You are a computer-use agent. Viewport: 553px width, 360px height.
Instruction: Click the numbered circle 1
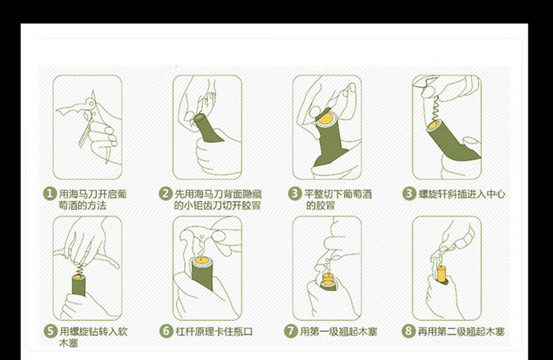click(x=50, y=194)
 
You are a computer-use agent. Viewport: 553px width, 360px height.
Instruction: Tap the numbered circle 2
click(x=165, y=194)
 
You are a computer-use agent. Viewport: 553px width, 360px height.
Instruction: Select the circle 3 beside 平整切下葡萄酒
click(x=295, y=194)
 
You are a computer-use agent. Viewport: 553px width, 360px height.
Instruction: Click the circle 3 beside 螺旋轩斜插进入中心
click(x=409, y=194)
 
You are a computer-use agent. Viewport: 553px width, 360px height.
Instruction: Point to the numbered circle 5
click(x=50, y=331)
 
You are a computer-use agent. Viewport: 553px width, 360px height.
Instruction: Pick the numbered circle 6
click(x=166, y=331)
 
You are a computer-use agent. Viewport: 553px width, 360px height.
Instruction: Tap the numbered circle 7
click(x=290, y=331)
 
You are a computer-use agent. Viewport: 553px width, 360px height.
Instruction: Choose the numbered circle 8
click(x=408, y=331)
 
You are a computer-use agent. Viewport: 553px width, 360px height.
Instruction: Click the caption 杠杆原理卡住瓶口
click(x=214, y=331)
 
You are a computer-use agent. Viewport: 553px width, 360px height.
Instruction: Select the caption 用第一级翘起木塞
click(x=339, y=331)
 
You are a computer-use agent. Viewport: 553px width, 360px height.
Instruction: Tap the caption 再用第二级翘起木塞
click(x=461, y=331)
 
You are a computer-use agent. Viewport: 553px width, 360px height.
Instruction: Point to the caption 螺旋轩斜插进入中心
click(x=462, y=194)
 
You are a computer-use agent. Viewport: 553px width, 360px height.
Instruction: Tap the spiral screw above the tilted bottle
click(x=436, y=109)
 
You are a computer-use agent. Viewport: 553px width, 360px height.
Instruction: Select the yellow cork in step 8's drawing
click(x=442, y=274)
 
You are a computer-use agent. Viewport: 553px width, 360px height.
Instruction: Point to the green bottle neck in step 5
click(x=79, y=285)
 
